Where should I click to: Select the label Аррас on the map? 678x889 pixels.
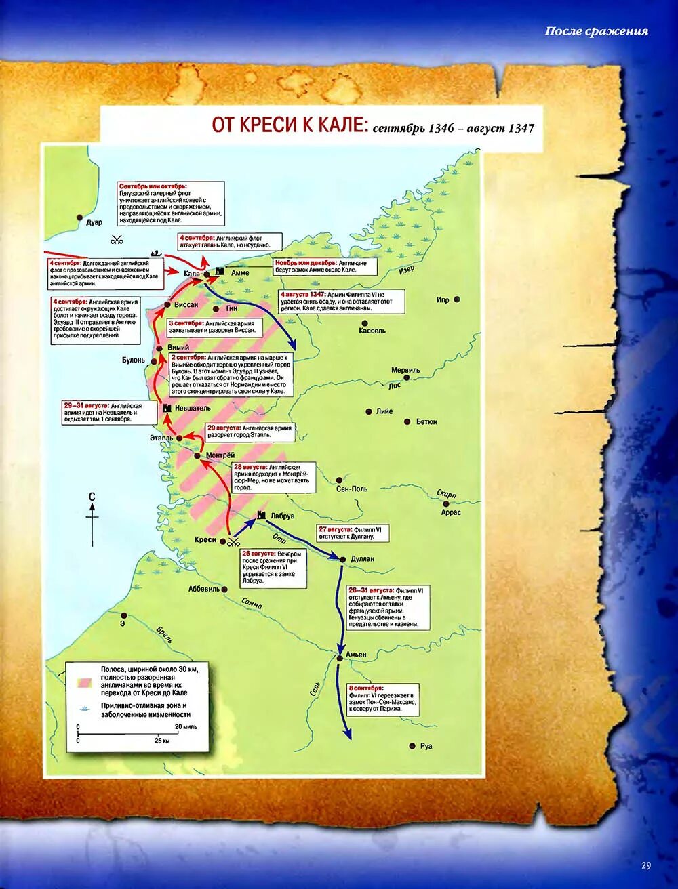pos(451,512)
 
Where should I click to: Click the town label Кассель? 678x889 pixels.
pos(372,331)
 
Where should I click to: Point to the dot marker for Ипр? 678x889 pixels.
pos(458,299)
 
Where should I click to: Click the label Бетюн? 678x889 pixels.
pos(426,422)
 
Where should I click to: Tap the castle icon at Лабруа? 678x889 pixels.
pos(260,516)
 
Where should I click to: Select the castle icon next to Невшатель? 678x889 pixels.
pos(167,408)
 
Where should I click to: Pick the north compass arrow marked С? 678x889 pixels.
pos(92,518)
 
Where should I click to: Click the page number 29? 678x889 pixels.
pos(645,865)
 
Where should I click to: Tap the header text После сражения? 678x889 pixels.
pos(597,31)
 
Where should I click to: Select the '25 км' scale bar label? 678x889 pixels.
pos(161,741)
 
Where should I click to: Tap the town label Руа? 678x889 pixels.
pos(426,746)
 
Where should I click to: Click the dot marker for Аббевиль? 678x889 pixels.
pos(226,590)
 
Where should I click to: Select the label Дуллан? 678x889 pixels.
pos(363,559)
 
